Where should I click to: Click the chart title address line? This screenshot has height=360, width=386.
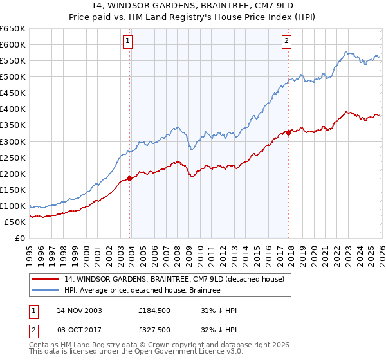tap(193, 6)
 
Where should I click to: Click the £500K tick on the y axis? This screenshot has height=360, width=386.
tap(13, 76)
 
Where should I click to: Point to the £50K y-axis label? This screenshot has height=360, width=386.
tap(15, 222)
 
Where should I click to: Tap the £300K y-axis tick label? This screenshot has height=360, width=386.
tap(13, 141)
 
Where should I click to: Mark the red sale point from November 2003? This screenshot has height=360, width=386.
tap(130, 178)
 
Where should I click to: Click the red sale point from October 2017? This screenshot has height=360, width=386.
tap(288, 132)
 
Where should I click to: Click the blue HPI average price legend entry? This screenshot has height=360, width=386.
tap(142, 291)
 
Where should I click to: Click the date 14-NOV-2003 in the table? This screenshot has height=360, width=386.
tap(79, 310)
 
